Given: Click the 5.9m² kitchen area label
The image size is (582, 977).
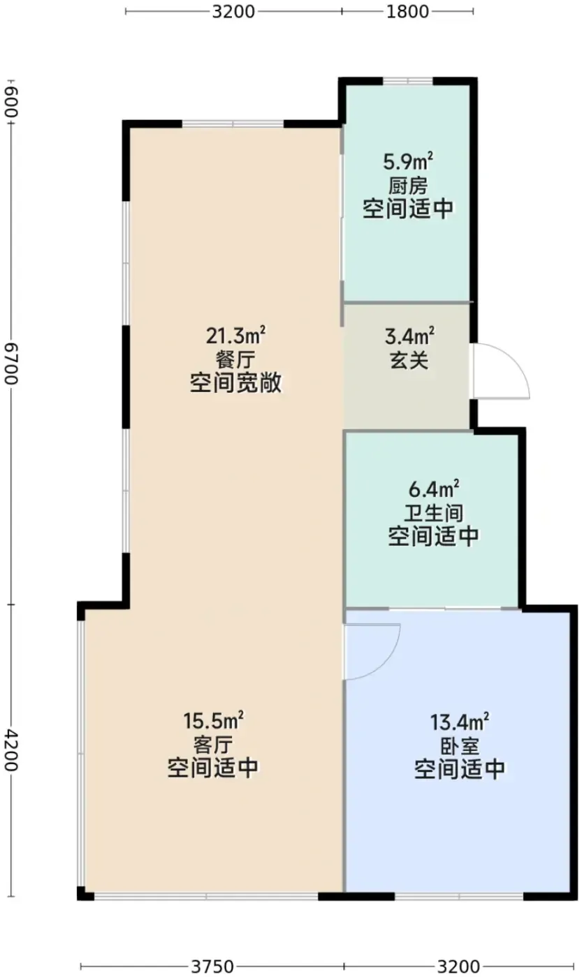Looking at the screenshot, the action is tap(408, 161).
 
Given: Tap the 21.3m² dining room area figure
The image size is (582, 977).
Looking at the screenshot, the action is tap(235, 336).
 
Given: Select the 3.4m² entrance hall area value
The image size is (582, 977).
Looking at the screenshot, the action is tap(409, 336).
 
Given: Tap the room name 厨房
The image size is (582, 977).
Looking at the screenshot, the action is tap(408, 186).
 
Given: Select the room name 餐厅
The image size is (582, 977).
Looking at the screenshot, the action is tap(235, 360).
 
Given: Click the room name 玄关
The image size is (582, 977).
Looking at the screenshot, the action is tap(409, 361).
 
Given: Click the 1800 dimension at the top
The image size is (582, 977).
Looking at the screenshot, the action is tap(408, 11).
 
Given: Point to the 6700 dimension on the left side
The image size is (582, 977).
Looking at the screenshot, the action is tap(11, 364).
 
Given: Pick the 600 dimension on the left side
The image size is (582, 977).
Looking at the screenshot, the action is tap(11, 102).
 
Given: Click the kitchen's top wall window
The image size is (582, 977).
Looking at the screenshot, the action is tap(408, 81).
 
